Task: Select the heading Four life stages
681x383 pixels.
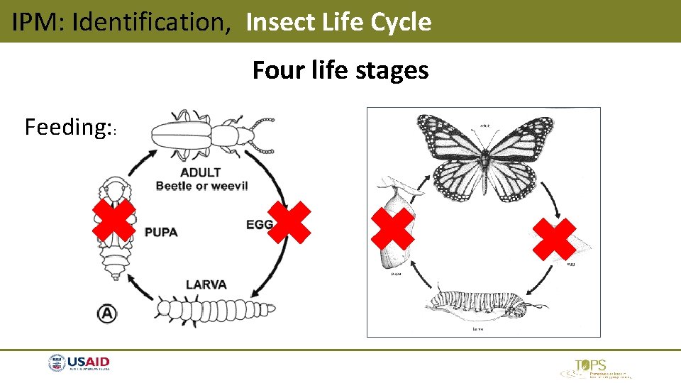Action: click(340, 70)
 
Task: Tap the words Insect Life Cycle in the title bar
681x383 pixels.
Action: click(338, 22)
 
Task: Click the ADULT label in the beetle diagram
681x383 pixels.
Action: click(200, 172)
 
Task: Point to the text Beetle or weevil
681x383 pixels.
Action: click(202, 186)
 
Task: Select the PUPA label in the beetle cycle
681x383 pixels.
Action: click(161, 232)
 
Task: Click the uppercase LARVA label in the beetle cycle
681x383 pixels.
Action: click(206, 284)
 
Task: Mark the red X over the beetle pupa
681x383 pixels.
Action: click(115, 220)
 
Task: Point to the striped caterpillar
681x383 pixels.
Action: click(482, 301)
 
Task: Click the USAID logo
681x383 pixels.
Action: click(79, 364)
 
